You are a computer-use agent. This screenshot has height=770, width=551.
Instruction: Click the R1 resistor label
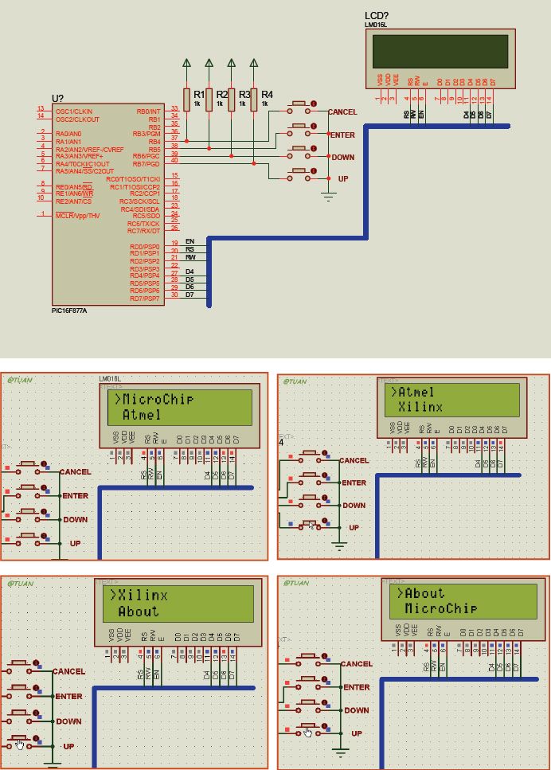199,94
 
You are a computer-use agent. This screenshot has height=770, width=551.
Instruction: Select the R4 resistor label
267,94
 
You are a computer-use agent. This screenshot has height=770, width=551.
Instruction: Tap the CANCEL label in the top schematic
342,112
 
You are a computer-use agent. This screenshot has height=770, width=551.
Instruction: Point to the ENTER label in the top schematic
342,135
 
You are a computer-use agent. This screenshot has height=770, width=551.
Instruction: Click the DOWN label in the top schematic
342,158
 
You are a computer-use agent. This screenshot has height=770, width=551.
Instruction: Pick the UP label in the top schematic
343,179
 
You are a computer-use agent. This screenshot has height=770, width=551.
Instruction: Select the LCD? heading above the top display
377,16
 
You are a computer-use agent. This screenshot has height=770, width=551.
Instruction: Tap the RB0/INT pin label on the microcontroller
149,111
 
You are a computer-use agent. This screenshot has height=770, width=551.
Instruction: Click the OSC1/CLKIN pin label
75,111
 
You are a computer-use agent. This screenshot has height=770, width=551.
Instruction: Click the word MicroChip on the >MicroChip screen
158,398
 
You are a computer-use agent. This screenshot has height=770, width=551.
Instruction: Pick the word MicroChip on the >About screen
440,608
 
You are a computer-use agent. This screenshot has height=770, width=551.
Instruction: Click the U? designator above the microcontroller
58,98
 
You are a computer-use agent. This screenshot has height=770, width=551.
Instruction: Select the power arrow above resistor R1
186,62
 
